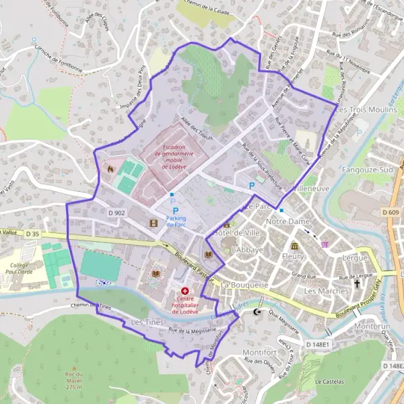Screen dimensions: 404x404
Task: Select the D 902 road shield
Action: click(x=116, y=213)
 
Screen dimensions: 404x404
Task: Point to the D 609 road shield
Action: click(x=393, y=213)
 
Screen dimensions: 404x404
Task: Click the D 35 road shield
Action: click(x=33, y=234)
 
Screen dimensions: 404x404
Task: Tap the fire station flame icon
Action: click(x=110, y=169)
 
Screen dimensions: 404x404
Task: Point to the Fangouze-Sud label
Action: click(x=368, y=171)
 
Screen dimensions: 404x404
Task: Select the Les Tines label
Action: click(x=147, y=323)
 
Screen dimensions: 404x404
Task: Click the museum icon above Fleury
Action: click(x=294, y=245)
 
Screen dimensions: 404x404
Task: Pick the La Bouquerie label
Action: click(x=244, y=285)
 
